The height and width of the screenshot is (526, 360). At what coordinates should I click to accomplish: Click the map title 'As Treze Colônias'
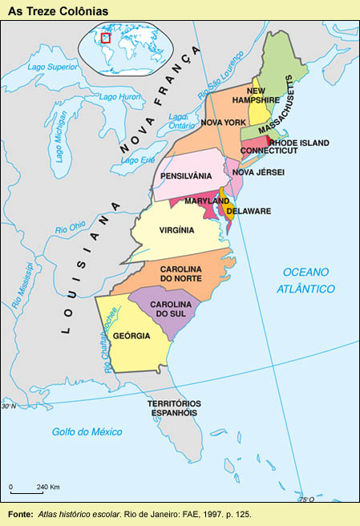58,10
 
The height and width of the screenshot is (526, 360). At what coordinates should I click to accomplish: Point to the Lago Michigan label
62,138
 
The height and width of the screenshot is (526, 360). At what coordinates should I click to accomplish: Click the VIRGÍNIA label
177,229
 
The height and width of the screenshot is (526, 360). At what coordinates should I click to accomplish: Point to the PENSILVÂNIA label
186,176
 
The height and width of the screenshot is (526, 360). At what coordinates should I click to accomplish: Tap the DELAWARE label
249,211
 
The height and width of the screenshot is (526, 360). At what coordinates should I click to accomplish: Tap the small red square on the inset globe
105,37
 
